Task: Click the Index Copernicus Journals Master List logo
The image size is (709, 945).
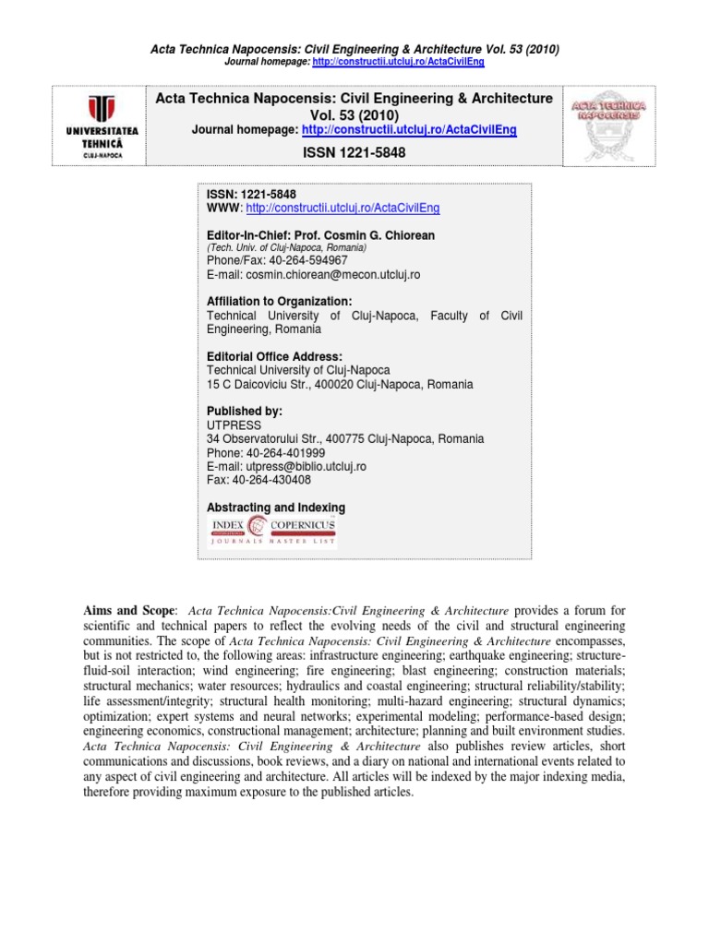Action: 271,532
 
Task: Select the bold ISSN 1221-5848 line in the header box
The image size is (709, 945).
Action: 354,152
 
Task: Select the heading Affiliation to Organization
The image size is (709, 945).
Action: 280,302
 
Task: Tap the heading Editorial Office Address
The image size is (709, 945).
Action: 274,356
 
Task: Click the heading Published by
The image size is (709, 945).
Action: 244,412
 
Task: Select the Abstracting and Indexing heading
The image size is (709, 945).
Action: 276,508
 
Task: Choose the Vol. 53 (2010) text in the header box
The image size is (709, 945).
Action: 354,114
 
